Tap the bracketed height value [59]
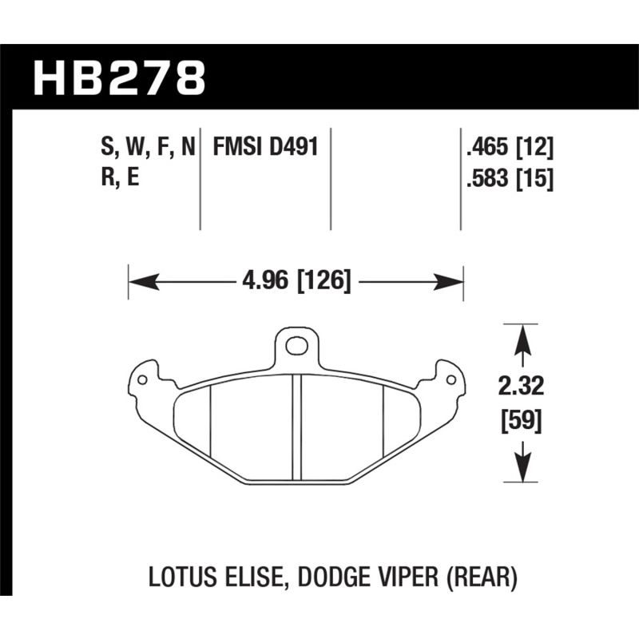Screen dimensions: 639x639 (522, 420)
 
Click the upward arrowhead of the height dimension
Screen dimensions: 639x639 (522, 335)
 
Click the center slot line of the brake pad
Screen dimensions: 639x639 (296, 427)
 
